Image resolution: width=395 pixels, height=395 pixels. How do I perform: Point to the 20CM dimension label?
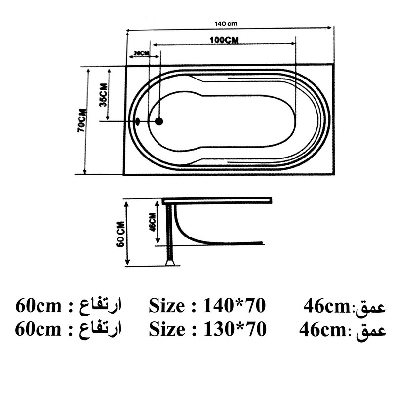(141, 53)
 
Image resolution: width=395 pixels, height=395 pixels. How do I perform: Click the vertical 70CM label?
(81, 121)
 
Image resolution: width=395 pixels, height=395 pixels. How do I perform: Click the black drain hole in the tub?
(159, 121)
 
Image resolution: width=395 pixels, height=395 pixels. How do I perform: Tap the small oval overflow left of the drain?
(138, 120)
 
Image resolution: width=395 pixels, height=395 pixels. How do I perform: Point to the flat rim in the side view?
(217, 200)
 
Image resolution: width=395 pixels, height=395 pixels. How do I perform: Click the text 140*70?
(235, 306)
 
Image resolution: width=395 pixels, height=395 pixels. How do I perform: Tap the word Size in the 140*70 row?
(166, 306)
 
